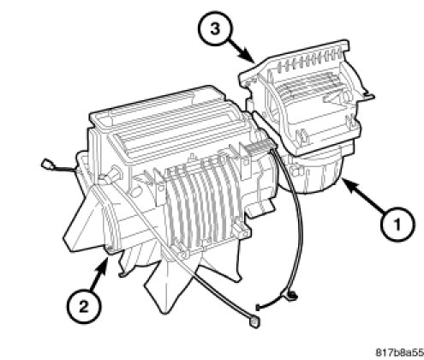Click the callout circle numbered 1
(x=397, y=225)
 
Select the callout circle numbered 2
(x=84, y=308)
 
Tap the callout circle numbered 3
(x=215, y=29)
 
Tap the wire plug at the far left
(x=45, y=165)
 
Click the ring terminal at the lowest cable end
(x=254, y=322)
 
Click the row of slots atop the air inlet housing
(x=310, y=61)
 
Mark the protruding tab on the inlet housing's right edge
(x=367, y=96)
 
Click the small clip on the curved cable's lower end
(x=291, y=296)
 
